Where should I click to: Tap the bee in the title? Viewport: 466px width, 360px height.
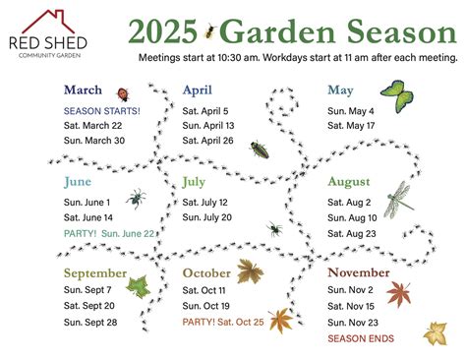(x=209, y=31)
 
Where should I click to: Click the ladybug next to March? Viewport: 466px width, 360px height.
(x=123, y=94)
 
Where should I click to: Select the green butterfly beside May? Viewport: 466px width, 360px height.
(x=397, y=96)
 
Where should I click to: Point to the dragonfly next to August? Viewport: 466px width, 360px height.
(x=398, y=200)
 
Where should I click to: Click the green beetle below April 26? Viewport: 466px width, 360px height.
(x=260, y=150)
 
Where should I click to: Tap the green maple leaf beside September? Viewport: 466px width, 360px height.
(x=139, y=287)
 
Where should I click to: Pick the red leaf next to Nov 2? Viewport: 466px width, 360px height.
(x=399, y=293)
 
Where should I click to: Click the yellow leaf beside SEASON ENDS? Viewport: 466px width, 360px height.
(x=436, y=333)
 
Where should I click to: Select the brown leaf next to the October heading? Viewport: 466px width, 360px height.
(x=250, y=271)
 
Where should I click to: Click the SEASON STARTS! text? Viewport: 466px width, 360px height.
(x=102, y=111)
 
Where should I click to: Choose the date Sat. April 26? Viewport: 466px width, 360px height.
(x=207, y=141)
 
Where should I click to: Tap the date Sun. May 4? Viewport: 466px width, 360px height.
(x=351, y=111)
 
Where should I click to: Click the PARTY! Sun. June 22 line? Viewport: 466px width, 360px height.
(x=109, y=234)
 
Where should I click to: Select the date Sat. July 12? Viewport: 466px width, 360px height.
(x=204, y=203)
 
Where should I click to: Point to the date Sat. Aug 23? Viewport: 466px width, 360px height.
(x=352, y=234)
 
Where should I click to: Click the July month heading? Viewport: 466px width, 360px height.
(x=194, y=182)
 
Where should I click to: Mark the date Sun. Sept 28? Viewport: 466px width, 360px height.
(x=90, y=323)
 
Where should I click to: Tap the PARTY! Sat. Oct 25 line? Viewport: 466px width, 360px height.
(x=223, y=322)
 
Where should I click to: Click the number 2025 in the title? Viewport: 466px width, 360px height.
(x=163, y=31)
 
